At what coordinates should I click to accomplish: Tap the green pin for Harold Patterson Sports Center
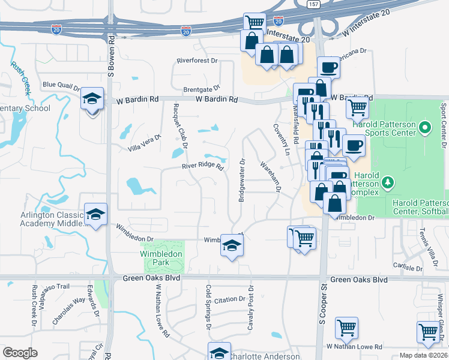click(424, 127)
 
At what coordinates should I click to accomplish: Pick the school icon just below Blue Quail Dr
click(92, 99)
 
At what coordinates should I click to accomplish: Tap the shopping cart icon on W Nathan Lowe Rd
click(346, 328)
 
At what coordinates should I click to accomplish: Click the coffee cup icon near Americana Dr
click(328, 67)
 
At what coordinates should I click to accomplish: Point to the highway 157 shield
click(313, 4)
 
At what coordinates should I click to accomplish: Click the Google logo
click(20, 353)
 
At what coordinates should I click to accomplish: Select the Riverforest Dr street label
click(200, 61)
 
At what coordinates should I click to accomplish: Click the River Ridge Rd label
click(203, 168)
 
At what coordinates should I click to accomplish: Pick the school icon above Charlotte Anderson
click(219, 352)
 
